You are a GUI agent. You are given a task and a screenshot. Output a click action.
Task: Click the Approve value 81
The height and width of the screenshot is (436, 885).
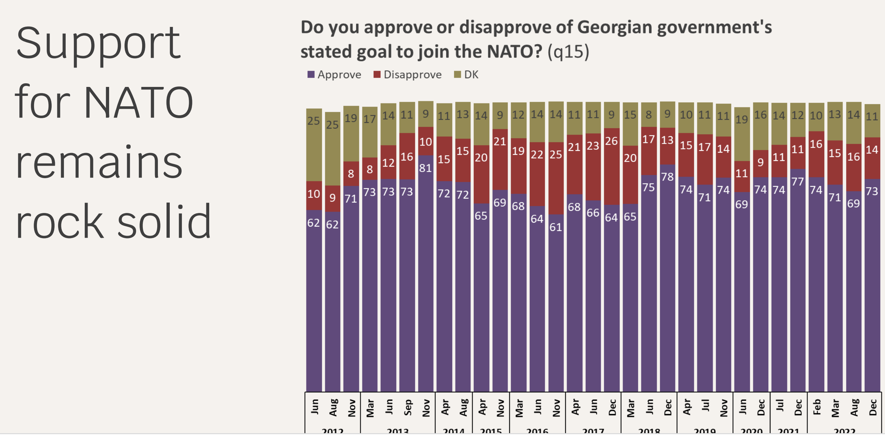tap(425, 168)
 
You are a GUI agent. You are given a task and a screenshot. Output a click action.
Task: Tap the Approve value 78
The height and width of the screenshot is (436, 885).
tap(667, 177)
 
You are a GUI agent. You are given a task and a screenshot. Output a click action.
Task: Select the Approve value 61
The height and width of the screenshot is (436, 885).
tap(556, 227)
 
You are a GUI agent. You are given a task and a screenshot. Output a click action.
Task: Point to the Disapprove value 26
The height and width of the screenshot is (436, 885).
tap(611, 141)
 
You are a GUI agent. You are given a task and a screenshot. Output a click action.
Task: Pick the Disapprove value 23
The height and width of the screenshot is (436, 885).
tap(593, 146)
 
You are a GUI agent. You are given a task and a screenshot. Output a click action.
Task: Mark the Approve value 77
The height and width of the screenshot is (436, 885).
tap(797, 182)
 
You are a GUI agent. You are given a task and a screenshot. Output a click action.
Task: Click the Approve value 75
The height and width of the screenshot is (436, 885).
tap(648, 187)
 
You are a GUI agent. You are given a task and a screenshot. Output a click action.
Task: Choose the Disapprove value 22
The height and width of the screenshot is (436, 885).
tap(537, 154)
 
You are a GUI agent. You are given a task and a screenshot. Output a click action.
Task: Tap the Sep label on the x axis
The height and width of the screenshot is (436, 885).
tap(408, 408)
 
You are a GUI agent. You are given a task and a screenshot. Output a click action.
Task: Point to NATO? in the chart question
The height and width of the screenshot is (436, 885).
tap(514, 52)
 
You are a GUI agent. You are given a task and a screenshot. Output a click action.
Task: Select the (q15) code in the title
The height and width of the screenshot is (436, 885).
tap(568, 52)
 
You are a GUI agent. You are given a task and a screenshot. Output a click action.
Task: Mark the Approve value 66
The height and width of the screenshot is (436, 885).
tap(593, 213)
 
